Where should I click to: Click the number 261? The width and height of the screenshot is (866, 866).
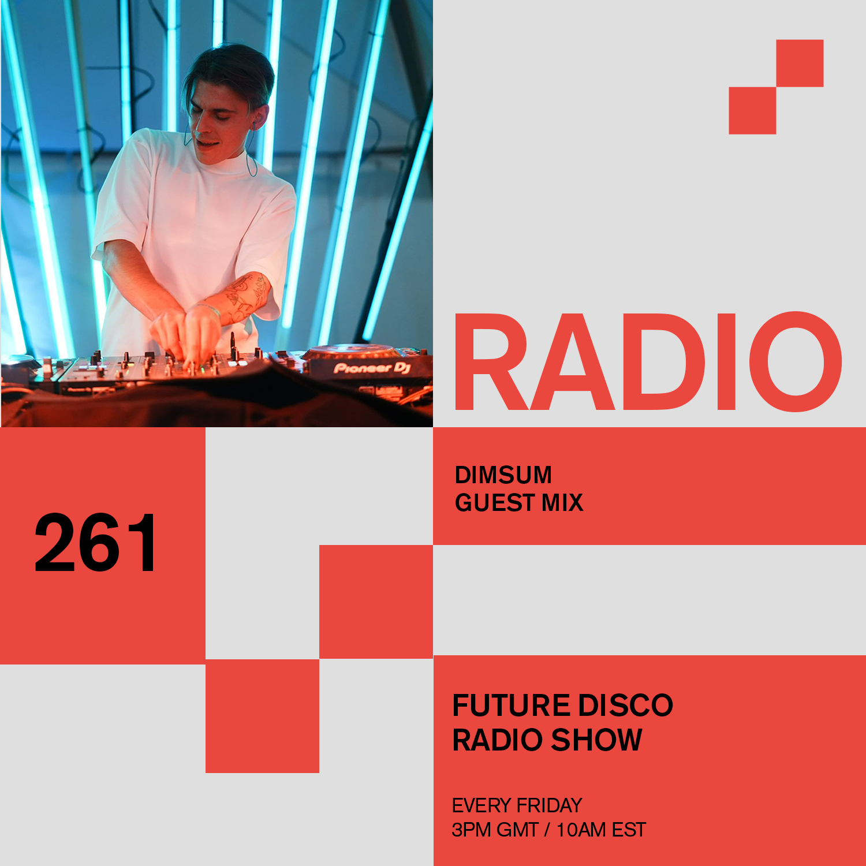(x=95, y=543)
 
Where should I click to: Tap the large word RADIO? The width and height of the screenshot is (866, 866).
(x=648, y=362)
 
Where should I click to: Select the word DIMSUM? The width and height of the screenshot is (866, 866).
(x=503, y=475)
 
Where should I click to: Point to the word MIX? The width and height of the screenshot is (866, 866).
(x=562, y=503)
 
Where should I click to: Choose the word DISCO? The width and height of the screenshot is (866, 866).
(x=626, y=706)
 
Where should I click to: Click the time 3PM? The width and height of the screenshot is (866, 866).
(x=471, y=830)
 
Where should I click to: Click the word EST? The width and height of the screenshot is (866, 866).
(x=629, y=830)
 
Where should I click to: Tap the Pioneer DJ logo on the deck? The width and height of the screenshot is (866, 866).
(x=372, y=368)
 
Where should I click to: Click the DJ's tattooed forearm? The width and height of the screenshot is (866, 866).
(x=242, y=297)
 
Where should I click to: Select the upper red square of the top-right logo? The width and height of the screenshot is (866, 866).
(x=800, y=63)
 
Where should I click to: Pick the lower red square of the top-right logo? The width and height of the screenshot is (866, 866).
(x=752, y=110)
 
